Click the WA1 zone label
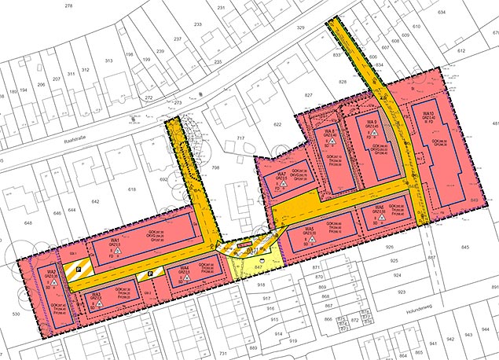click(x=115, y=239)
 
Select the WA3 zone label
click(x=96, y=295)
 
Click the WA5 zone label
click(x=312, y=229)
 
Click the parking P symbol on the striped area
click(x=86, y=266)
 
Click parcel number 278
click(x=68, y=6)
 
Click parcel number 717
click(x=241, y=138)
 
